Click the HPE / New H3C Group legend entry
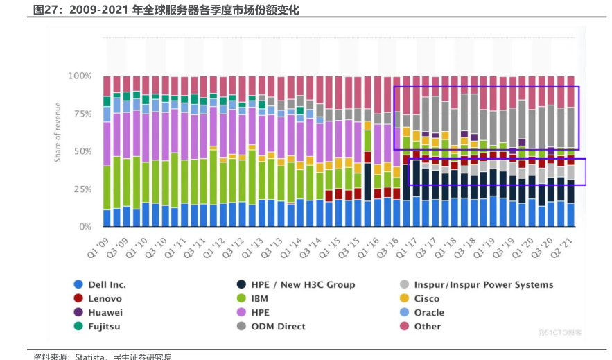click(x=302, y=285)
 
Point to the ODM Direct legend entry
click(x=278, y=327)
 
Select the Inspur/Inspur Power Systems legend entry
click(x=483, y=285)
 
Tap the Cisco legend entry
click(x=426, y=299)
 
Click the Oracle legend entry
click(x=429, y=313)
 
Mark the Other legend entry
click(x=427, y=327)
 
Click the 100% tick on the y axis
click(x=80, y=76)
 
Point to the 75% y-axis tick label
click(x=82, y=113)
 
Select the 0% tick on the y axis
click(x=85, y=227)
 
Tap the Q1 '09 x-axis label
click(x=100, y=244)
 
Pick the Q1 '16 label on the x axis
click(x=372, y=244)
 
